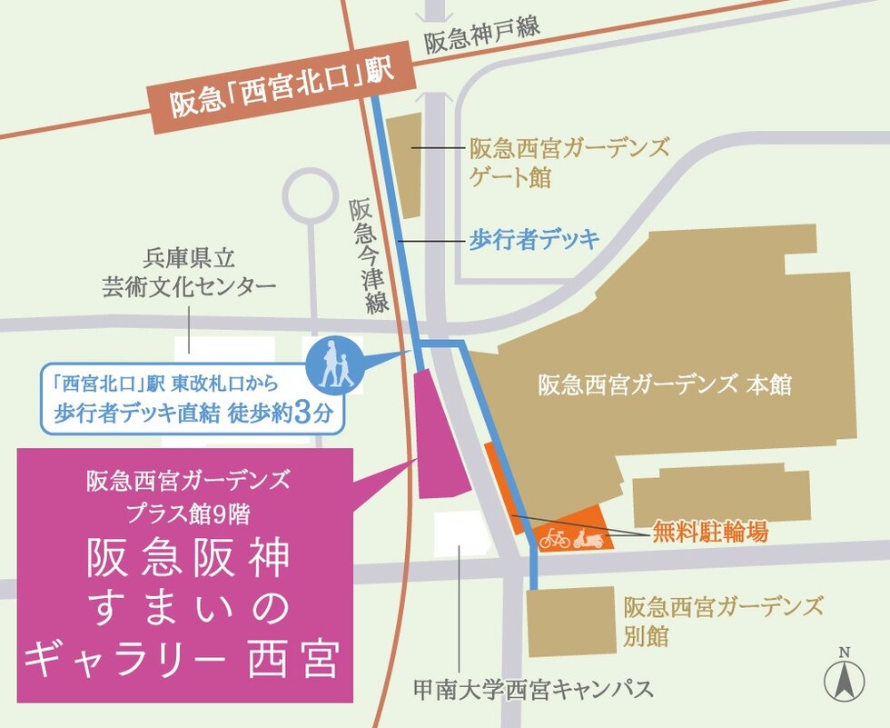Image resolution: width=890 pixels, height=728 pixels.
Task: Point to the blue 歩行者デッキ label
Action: (534, 240)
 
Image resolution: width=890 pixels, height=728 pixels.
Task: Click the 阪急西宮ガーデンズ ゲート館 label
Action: (569, 162)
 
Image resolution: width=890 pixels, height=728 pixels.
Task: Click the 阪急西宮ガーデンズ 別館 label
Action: (724, 620)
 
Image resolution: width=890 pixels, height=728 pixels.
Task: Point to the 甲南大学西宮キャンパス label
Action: (532, 688)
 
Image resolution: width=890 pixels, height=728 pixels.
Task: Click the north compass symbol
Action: (844, 676)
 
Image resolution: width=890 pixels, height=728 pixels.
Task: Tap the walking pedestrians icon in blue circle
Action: (334, 364)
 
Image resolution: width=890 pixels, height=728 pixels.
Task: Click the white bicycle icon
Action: (554, 538)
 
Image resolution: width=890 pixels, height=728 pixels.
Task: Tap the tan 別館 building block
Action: (569, 622)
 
